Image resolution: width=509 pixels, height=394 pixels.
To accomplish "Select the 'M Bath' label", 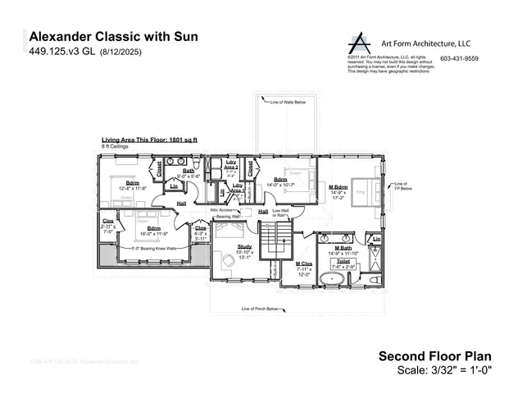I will click(343, 247).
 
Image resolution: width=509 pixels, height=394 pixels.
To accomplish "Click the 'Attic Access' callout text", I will click(224, 211).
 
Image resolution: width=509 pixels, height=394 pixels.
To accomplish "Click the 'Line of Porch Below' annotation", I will click(261, 309).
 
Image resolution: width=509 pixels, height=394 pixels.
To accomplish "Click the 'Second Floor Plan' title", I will click(434, 355).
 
